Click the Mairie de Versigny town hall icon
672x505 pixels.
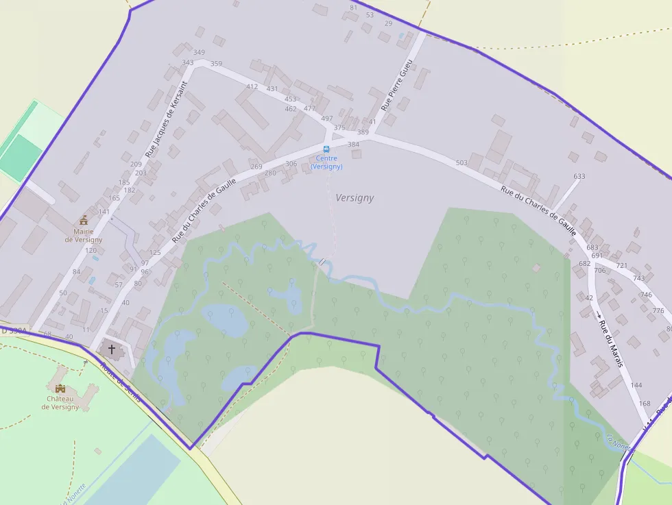84,220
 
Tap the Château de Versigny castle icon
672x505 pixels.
60,388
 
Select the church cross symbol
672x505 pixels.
112,349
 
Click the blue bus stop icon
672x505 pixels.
326,149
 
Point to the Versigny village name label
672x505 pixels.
355,198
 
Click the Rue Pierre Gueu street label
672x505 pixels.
397,86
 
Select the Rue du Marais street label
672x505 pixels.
610,343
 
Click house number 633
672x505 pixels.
579,177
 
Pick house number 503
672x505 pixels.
461,163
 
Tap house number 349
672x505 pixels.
199,53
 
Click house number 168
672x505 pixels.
645,404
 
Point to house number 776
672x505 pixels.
658,311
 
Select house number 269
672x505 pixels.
256,167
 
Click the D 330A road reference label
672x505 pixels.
14,331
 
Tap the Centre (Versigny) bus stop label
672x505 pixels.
326,162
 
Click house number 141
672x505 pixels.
104,212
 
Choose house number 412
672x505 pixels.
252,87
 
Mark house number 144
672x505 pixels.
636,385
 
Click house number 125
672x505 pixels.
155,254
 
